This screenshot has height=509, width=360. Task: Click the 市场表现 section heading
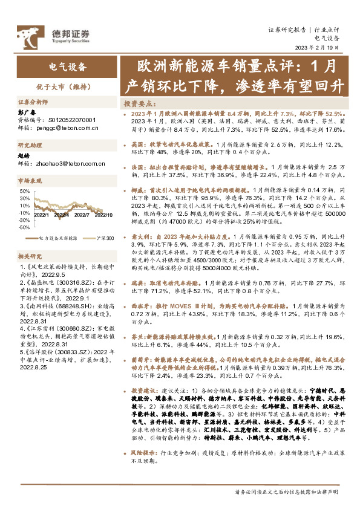click(31, 181)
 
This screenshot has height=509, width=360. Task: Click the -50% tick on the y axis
click(23, 211)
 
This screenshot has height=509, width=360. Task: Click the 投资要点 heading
click(137, 103)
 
